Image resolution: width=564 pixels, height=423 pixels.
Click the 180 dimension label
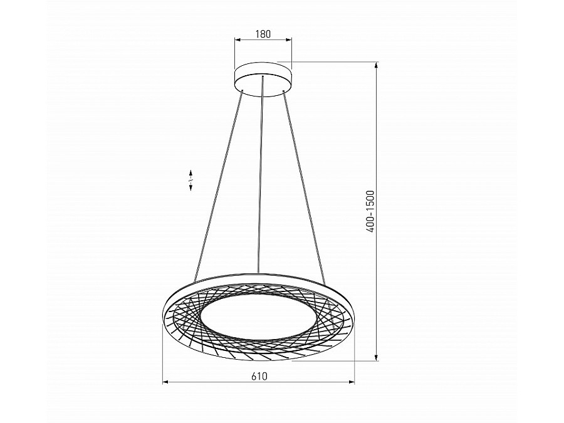click(x=263, y=34)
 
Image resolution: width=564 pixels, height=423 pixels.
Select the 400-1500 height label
click(x=370, y=211)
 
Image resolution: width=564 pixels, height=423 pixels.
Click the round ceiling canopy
click(x=263, y=78)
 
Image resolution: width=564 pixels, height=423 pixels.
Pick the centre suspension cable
click(x=261, y=175)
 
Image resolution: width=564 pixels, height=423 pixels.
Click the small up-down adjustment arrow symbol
click(x=191, y=180)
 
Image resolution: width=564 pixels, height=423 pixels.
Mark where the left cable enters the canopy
click(x=242, y=92)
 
